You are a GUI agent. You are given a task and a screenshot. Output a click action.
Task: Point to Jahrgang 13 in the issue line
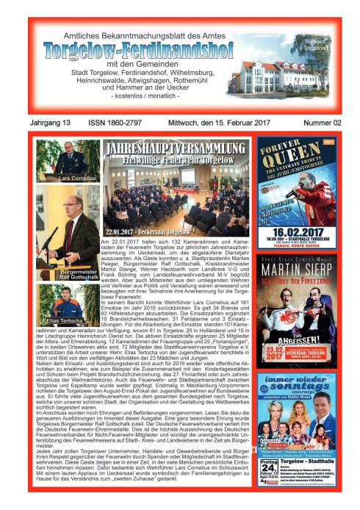point(51,123)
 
